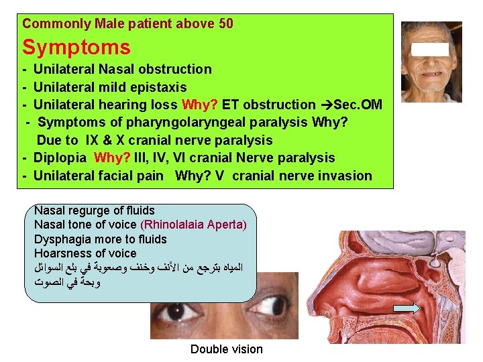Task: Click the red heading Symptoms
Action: point(76,48)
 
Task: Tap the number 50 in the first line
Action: point(226,24)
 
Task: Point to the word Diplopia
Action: point(60,158)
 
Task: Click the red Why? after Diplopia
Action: point(113,158)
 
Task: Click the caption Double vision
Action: point(226,349)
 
